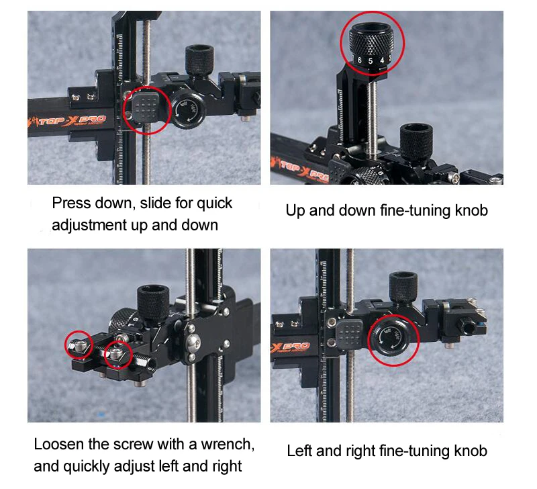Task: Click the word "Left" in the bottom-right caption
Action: coord(299,451)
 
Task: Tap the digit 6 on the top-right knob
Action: coord(359,60)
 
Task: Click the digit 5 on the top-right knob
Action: coord(371,61)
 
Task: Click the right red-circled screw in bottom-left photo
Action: coord(115,353)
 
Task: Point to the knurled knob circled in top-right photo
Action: coord(372,44)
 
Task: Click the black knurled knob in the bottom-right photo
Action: coord(403,287)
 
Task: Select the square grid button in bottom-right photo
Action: coord(350,332)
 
